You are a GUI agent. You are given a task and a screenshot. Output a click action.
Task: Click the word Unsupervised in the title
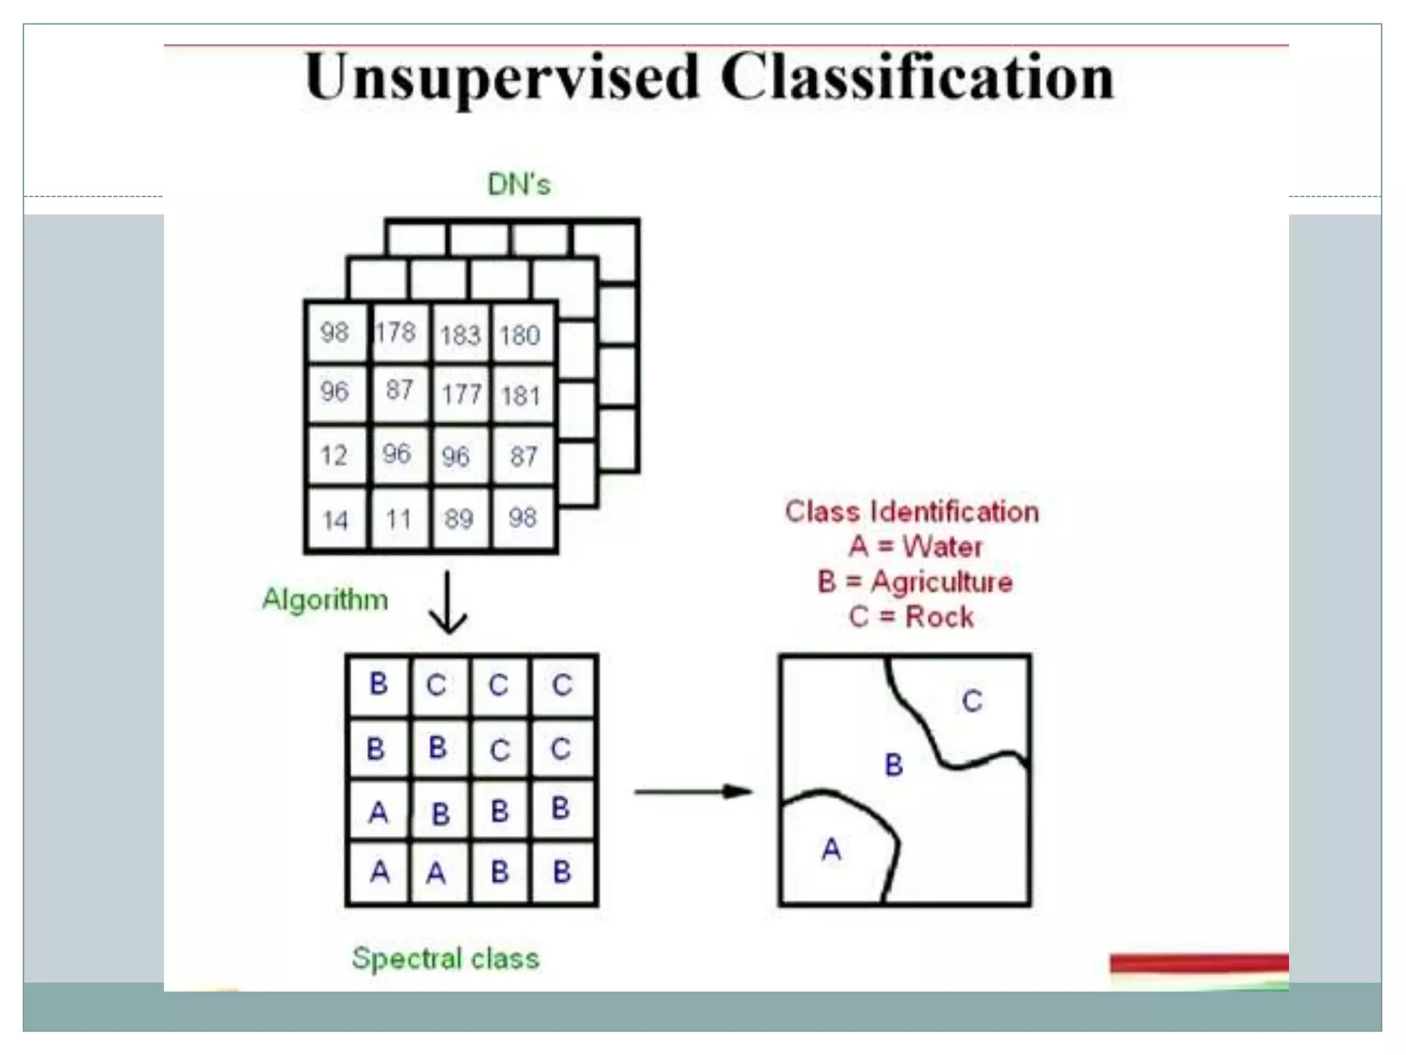tap(502, 78)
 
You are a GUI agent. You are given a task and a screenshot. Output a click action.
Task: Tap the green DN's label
tap(519, 184)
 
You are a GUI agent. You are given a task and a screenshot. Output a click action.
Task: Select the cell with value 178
tap(396, 332)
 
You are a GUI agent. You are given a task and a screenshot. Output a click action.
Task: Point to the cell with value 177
tap(461, 394)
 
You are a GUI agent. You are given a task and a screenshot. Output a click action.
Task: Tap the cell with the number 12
tap(334, 455)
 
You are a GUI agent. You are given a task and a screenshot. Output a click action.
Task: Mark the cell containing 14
tap(335, 520)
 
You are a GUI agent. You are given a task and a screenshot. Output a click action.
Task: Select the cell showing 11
tap(398, 519)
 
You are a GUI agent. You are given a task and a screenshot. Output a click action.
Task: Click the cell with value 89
tap(459, 519)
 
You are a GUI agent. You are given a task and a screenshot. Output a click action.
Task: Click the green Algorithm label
tap(325, 600)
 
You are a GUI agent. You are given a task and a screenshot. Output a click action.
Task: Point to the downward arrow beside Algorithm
tap(448, 602)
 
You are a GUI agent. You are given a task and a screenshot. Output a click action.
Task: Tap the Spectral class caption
tap(446, 958)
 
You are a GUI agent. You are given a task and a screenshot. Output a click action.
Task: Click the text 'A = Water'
tap(915, 547)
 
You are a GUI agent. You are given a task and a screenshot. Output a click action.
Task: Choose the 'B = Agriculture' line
tap(915, 582)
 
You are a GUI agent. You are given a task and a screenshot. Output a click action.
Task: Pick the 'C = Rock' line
tap(911, 617)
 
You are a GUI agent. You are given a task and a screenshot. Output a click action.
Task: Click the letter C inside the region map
tap(971, 701)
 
